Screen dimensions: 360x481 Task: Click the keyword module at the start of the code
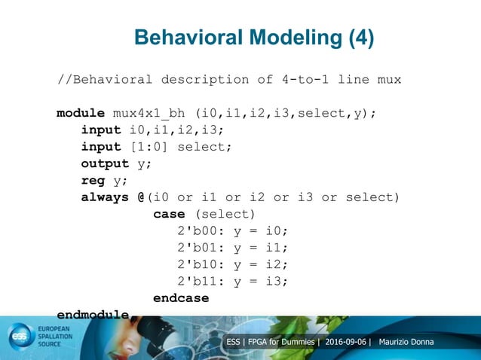click(81, 114)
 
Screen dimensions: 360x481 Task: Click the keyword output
click(105, 163)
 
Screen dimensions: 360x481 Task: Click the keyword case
click(170, 214)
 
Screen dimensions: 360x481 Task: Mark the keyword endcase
click(181, 298)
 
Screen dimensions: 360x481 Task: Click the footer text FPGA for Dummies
click(283, 343)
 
